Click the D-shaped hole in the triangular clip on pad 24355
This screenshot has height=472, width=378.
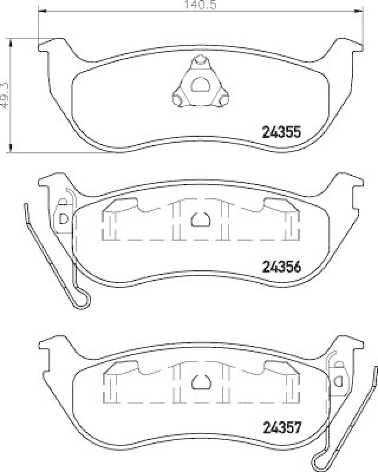tap(200, 84)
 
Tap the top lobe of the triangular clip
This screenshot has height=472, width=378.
tap(200, 61)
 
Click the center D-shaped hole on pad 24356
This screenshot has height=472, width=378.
tap(200, 219)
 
